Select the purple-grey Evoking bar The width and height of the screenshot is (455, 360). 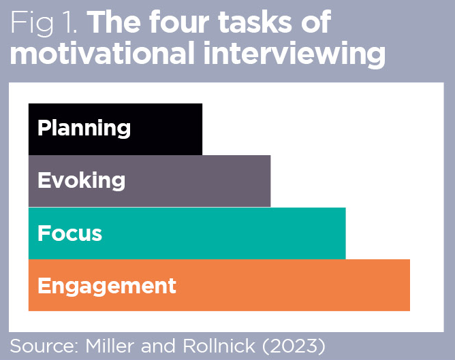tap(204, 181)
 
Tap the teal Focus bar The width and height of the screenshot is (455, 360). tap(238, 233)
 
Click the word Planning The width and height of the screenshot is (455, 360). tap(84, 129)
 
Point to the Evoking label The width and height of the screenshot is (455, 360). tap(81, 181)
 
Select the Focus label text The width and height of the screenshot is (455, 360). tap(69, 233)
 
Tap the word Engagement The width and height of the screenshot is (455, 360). tap(107, 285)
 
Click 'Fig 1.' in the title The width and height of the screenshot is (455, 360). tap(44, 23)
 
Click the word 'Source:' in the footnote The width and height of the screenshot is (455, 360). tap(44, 345)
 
